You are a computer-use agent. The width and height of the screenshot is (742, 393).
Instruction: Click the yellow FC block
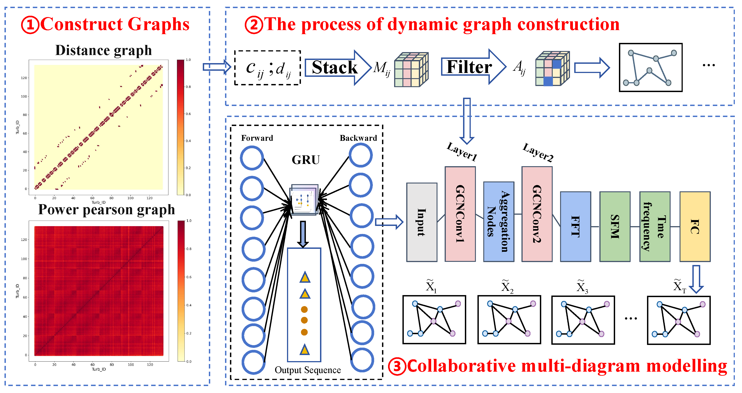point(695,226)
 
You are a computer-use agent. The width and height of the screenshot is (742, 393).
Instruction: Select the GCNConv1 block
point(460,214)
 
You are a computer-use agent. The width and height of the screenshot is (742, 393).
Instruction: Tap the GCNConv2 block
point(537,214)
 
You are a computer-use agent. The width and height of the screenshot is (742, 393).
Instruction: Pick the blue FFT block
point(576,226)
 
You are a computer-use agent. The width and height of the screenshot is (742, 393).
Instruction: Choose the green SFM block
point(615,226)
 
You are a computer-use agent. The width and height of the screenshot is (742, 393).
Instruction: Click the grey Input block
point(422,222)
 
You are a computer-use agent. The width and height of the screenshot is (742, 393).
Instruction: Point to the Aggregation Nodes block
point(499,222)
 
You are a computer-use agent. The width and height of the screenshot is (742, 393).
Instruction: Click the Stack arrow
point(338,68)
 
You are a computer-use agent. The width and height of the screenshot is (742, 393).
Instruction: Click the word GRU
point(306,160)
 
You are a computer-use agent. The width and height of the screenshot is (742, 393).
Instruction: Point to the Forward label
point(257,138)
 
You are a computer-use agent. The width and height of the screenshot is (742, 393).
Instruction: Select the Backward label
point(358,138)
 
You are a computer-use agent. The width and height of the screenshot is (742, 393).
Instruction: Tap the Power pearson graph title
point(107,210)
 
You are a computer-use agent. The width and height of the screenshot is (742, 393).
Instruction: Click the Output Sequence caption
point(308,370)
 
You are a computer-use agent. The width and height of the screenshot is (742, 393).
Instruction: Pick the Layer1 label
point(462,152)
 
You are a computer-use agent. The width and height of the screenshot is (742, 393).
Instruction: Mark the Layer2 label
point(538,152)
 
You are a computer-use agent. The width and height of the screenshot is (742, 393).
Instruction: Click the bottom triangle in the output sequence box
point(305,349)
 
